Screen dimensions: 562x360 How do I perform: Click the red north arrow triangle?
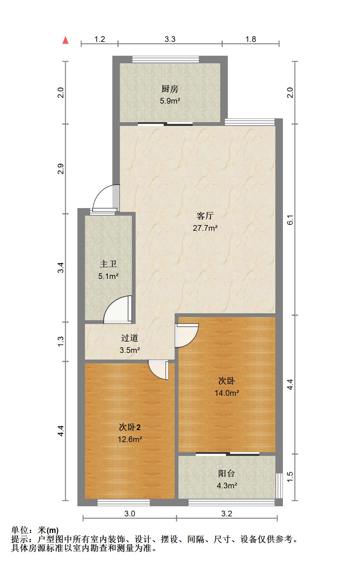coord(65,40)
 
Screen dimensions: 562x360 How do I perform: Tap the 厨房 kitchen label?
coord(170,89)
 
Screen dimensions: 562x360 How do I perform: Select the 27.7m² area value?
coord(205,228)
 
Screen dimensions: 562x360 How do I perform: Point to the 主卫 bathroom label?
coord(108,264)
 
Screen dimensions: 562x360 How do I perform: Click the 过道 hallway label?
coord(130,338)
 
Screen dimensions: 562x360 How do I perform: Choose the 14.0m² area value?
coord(227,393)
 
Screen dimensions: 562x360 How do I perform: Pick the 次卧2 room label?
coord(130,427)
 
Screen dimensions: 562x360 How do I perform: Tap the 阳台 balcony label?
coord(227,474)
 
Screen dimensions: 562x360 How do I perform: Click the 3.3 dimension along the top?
coord(170,39)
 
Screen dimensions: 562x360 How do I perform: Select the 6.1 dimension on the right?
coord(290,219)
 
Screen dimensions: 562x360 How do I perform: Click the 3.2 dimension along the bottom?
coord(227,514)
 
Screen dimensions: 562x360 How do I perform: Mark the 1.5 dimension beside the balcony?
coord(290,476)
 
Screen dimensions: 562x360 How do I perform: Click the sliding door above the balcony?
coord(227,454)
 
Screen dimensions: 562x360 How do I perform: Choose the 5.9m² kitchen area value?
coord(170,101)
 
